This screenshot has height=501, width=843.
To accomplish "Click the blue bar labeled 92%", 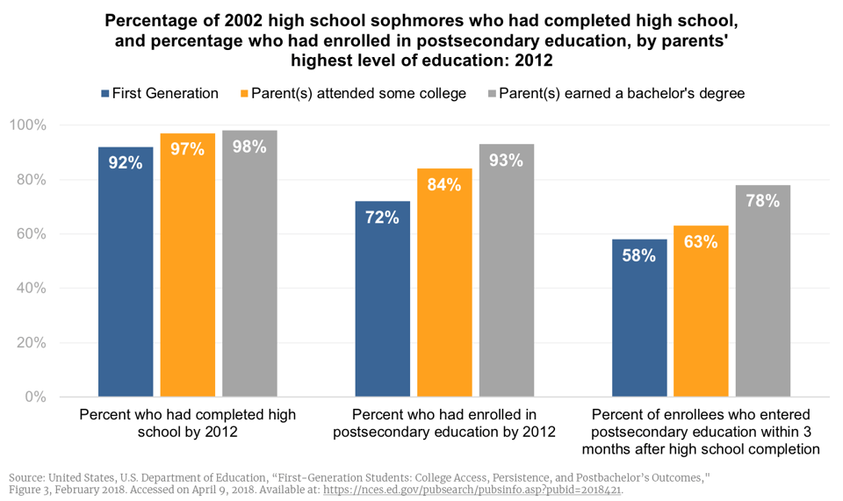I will (126, 272).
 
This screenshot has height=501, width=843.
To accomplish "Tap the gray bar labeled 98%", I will (249, 263).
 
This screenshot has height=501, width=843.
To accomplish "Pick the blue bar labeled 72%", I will (382, 298).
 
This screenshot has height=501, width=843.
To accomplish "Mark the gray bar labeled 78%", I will (763, 290).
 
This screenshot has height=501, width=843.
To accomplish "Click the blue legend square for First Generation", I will (105, 94).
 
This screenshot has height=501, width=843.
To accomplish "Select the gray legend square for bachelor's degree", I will (493, 94).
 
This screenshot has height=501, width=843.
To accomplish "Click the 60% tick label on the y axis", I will (31, 234).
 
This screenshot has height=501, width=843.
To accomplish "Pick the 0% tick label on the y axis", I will (35, 397).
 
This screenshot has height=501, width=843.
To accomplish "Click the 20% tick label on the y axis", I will (31, 343).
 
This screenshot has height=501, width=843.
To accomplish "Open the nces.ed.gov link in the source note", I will (473, 490).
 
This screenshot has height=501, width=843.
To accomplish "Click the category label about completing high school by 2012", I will (187, 423).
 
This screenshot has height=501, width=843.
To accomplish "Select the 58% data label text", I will (639, 255).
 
